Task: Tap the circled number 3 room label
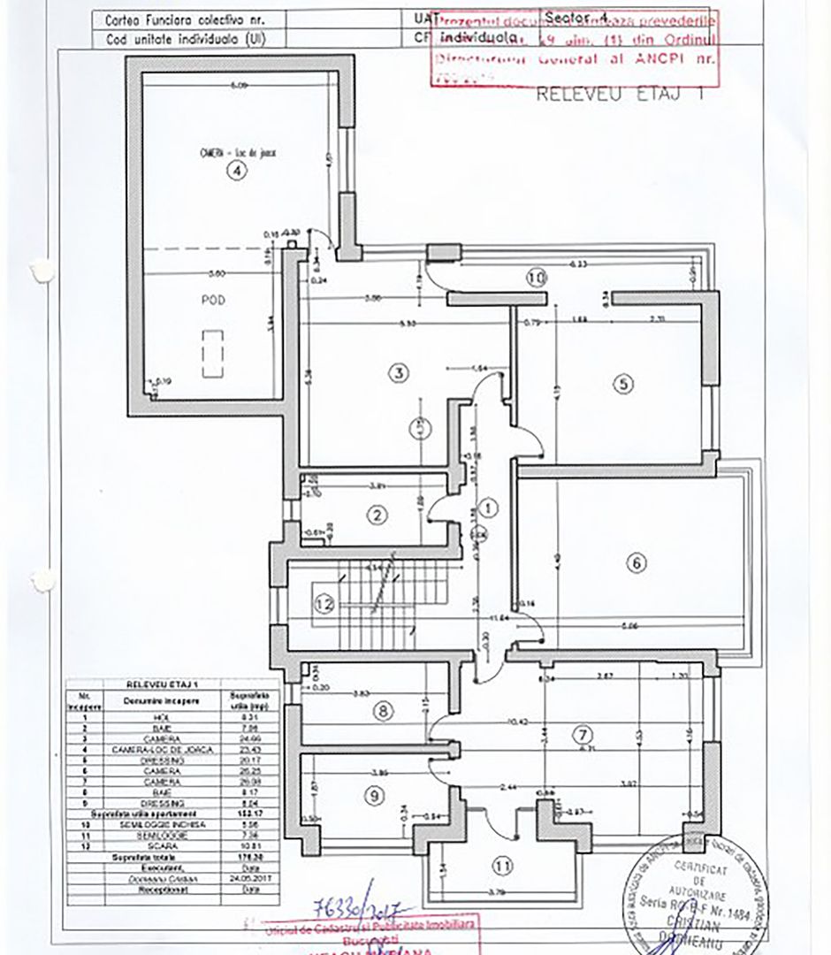coord(400,373)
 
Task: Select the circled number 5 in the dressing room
coord(623,384)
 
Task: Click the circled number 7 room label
coord(581,733)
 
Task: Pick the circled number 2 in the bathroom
coord(377,515)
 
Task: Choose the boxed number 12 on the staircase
coord(324,605)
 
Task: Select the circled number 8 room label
coord(383,710)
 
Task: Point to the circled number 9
coord(375,795)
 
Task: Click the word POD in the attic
coord(212,301)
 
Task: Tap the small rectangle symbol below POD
coord(213,353)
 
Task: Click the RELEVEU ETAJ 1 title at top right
coord(619,95)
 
